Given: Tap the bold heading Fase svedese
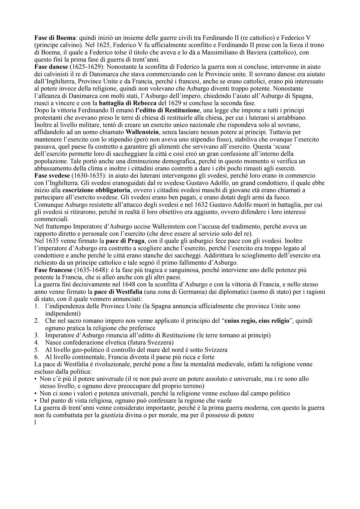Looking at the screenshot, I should [x=52, y=175].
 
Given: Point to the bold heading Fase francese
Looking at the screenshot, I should [x=53, y=270].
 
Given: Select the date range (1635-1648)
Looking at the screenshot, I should [x=90, y=270].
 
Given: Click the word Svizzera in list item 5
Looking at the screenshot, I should [x=215, y=350].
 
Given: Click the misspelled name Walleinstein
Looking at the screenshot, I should [x=141, y=226].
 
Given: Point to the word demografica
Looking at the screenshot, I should [x=182, y=161].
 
